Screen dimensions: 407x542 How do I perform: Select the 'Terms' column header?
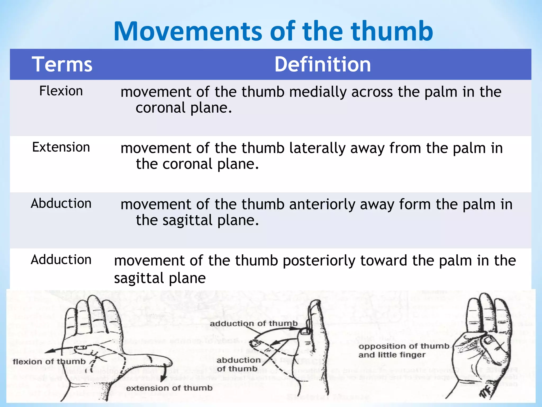tap(62, 64)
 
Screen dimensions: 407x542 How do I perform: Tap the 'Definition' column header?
tap(323, 64)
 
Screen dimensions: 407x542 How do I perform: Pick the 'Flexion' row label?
tap(61, 91)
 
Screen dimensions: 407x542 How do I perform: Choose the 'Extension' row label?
tap(61, 147)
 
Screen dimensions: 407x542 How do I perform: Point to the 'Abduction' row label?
tap(61, 203)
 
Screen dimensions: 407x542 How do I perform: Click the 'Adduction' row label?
tap(61, 260)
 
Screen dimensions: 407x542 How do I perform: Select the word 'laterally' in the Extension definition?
tap(317, 148)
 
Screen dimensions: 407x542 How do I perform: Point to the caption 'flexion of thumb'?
tap(49, 362)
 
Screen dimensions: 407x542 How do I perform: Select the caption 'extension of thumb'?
tap(169, 388)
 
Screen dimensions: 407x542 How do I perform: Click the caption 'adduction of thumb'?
tap(254, 324)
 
